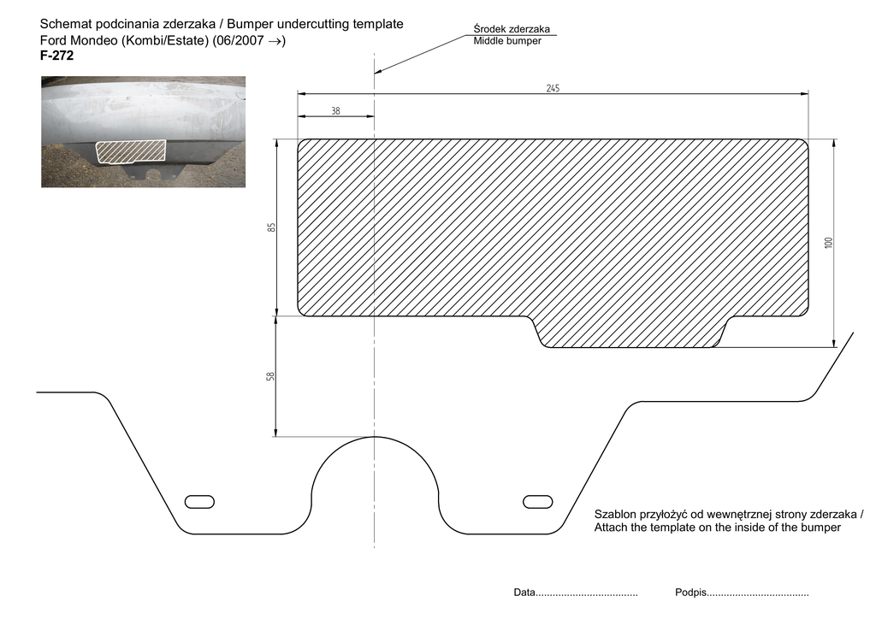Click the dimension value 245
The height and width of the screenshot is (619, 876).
pos(553,88)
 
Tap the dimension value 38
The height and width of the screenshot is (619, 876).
pos(335,110)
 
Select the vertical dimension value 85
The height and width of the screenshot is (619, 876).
pos(270,227)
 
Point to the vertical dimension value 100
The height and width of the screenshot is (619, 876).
pos(828,243)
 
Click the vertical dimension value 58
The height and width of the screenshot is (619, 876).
pos(270,376)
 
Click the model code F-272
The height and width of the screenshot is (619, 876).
pos(57,56)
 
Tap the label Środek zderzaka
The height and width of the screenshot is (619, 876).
pos(512,29)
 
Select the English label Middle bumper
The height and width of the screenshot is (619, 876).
pos(507,41)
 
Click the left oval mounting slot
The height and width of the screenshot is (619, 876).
pos(199,501)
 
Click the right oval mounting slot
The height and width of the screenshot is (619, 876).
pos(539,500)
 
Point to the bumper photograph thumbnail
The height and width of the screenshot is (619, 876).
pos(143,132)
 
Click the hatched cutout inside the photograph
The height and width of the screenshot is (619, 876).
pos(131,151)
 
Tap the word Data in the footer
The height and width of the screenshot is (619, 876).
pos(524,592)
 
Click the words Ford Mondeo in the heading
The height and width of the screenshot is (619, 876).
pos(75,41)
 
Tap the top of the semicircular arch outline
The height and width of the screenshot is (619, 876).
pos(375,437)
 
